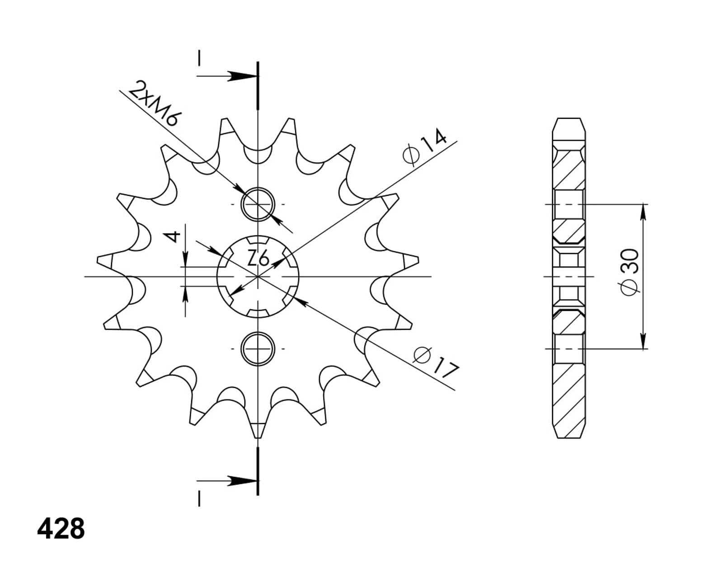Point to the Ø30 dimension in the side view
(629, 272)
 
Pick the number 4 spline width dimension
(174, 237)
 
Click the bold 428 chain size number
(61, 529)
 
